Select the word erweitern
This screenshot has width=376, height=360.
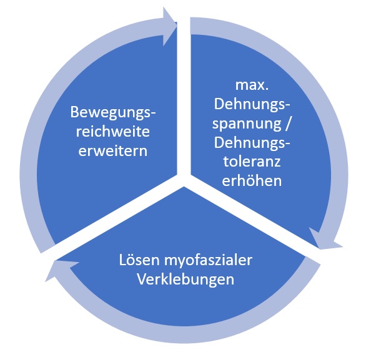pos(112,152)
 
